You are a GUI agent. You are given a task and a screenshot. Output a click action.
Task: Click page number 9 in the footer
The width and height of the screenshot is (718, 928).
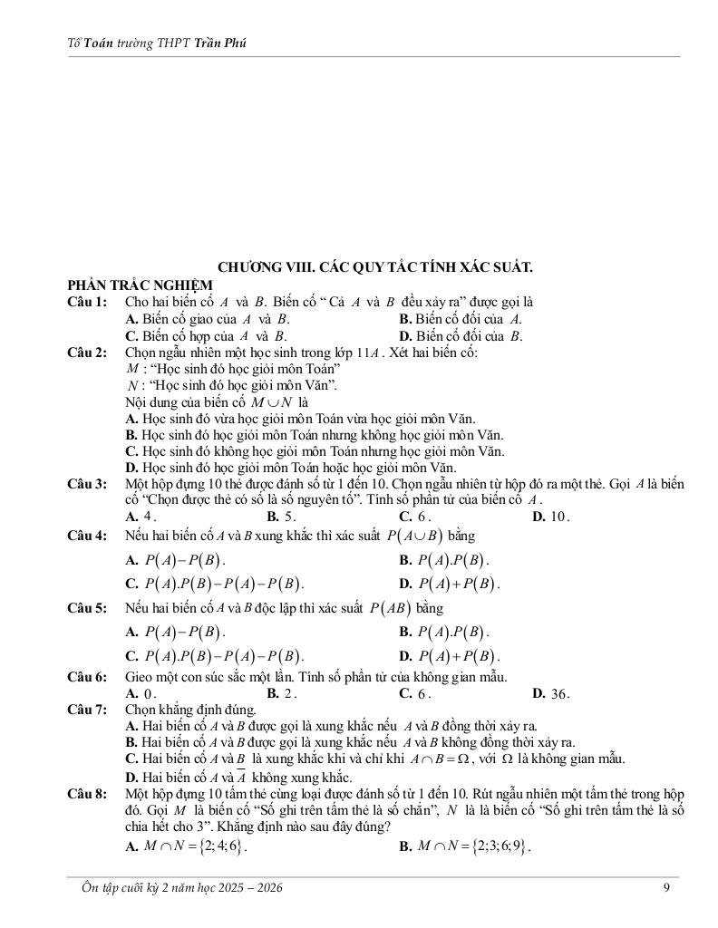pos(666,888)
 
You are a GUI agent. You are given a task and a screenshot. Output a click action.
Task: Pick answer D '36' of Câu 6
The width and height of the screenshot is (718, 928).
pos(551,694)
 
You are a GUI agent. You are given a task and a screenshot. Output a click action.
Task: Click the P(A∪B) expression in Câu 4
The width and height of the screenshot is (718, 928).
pos(413,536)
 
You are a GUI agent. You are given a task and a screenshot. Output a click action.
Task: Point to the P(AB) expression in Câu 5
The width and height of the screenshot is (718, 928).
pos(390,607)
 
